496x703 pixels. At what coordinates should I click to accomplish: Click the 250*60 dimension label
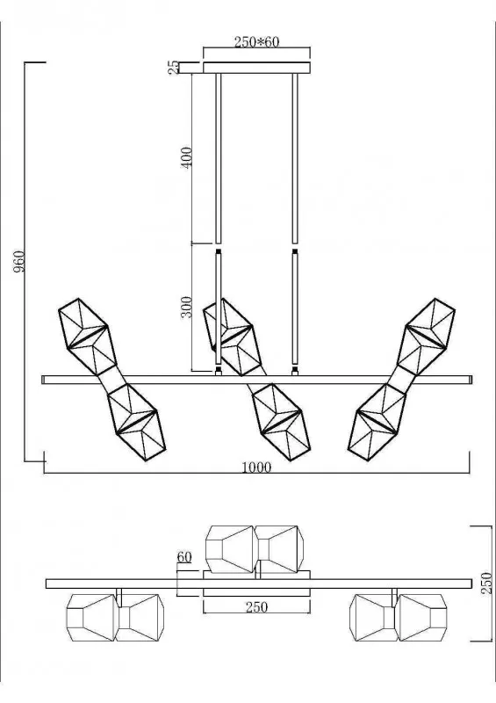(x=256, y=41)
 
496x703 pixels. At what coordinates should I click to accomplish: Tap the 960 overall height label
(x=18, y=262)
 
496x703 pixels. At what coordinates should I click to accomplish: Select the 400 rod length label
(x=186, y=157)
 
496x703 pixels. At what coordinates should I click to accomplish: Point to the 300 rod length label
(x=186, y=307)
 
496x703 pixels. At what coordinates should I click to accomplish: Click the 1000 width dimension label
(x=256, y=467)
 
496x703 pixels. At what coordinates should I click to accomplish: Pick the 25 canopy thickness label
(x=173, y=69)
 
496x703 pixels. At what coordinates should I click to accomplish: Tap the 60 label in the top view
(x=184, y=557)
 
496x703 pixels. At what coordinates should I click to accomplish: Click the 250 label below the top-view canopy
(x=256, y=607)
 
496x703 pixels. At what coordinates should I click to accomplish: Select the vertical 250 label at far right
(x=486, y=583)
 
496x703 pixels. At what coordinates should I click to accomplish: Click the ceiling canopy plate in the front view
(x=256, y=68)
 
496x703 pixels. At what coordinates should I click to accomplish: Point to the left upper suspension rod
(x=219, y=158)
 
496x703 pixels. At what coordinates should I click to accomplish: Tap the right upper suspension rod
(x=295, y=158)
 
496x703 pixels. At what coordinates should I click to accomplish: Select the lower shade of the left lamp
(x=136, y=422)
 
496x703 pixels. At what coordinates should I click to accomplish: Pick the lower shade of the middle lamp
(x=282, y=422)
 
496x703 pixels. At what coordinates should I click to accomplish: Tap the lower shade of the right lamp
(x=377, y=422)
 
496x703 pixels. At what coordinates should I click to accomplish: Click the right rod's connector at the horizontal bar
(x=295, y=371)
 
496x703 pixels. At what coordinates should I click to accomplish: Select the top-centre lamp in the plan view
(x=255, y=549)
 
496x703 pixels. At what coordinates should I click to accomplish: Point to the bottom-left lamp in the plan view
(x=115, y=618)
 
